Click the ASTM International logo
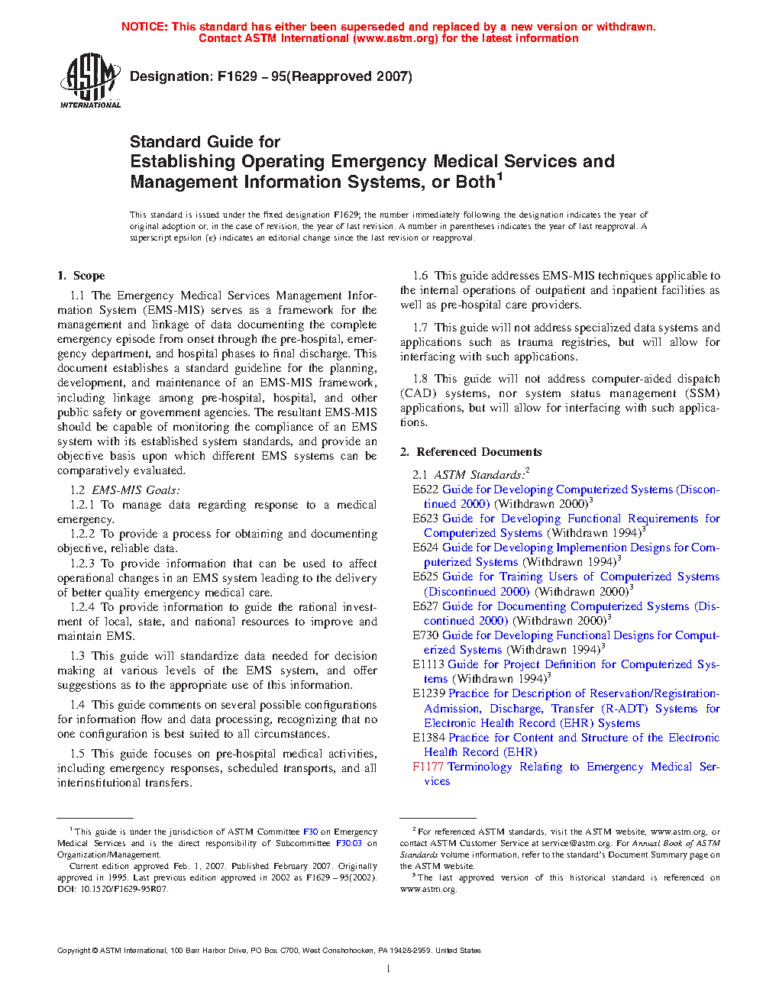click(x=90, y=80)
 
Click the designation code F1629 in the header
click(x=237, y=76)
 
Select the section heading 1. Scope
click(x=81, y=276)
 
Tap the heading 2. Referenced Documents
click(x=470, y=452)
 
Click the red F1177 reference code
click(x=428, y=767)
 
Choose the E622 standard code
click(x=425, y=489)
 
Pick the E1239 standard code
click(x=428, y=693)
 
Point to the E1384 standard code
click(x=428, y=738)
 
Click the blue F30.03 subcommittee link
click(x=349, y=843)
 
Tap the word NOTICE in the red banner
click(x=144, y=27)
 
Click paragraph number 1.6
click(x=420, y=276)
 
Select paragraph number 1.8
click(x=420, y=379)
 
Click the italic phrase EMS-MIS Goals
click(x=136, y=490)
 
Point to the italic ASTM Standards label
click(x=480, y=475)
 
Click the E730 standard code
click(x=425, y=635)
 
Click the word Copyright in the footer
click(x=73, y=951)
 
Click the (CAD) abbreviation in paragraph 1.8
click(x=419, y=393)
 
